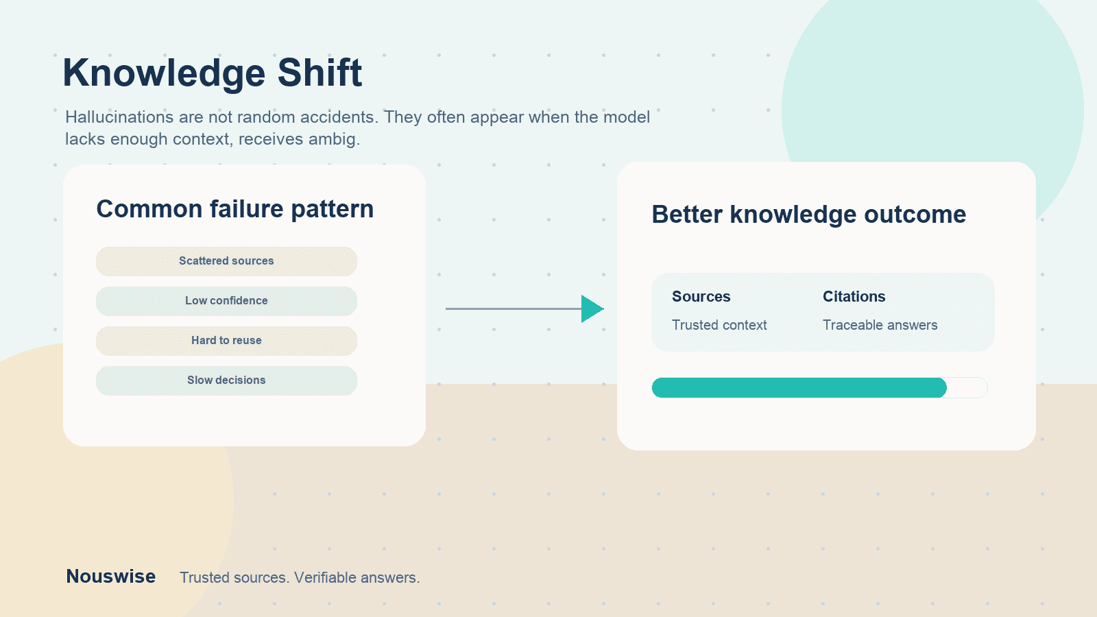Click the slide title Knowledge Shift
tap(212, 73)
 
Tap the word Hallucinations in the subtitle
tap(119, 117)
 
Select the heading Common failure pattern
tap(235, 209)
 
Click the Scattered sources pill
tap(226, 261)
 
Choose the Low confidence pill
tap(226, 301)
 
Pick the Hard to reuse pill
tap(226, 341)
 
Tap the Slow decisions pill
tap(226, 380)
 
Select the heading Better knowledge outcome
tap(808, 215)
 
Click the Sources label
tap(701, 296)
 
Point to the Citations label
tap(854, 296)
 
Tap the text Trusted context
tap(719, 325)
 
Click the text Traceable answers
tap(880, 325)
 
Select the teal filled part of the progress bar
tap(799, 388)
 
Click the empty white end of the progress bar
tap(967, 388)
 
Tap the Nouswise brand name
tap(110, 577)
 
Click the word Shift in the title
tap(320, 73)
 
